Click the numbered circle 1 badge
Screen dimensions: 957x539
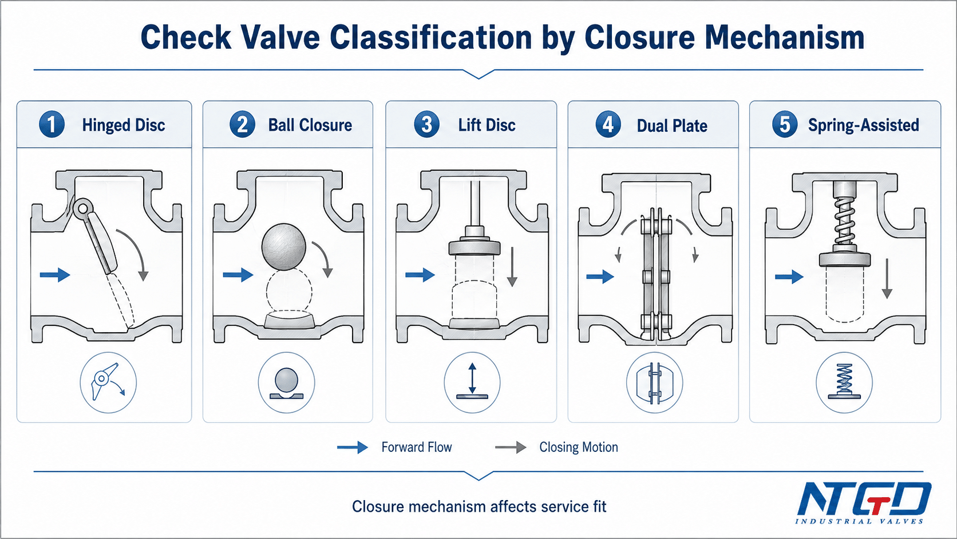tap(52, 124)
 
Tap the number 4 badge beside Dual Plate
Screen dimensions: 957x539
tap(608, 124)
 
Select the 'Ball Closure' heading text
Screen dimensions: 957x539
tap(310, 125)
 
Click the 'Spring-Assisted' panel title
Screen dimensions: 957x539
tap(864, 125)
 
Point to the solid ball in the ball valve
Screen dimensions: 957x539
tap(284, 247)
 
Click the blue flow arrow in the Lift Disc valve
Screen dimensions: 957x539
tap(420, 274)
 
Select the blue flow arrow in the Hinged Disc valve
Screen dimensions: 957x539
tap(55, 274)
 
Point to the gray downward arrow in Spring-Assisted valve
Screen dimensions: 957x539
tap(887, 278)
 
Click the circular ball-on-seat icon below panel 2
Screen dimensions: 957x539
tap(286, 383)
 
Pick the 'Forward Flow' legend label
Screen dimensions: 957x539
tap(417, 447)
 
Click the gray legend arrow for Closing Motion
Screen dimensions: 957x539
tap(511, 447)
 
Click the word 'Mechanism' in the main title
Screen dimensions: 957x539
tap(784, 38)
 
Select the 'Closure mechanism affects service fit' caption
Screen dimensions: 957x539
tap(479, 506)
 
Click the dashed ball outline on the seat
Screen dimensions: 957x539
tap(289, 293)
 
